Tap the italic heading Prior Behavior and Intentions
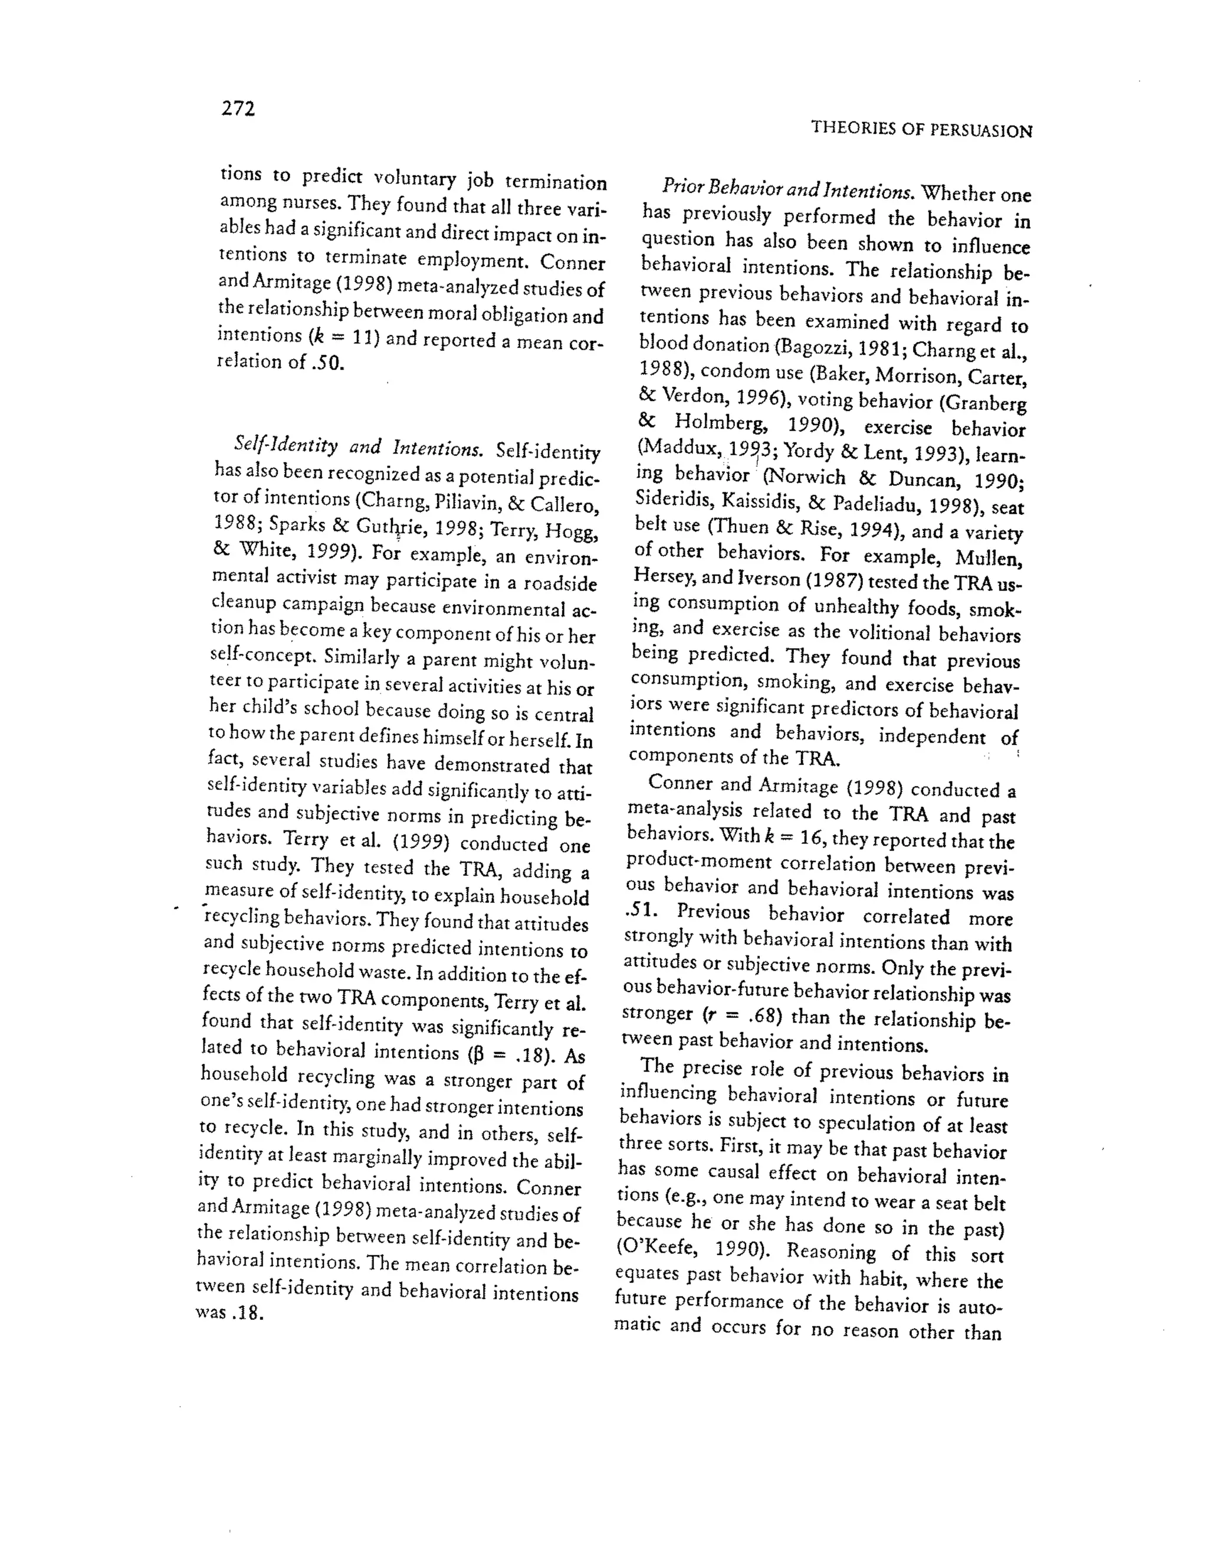787,190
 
